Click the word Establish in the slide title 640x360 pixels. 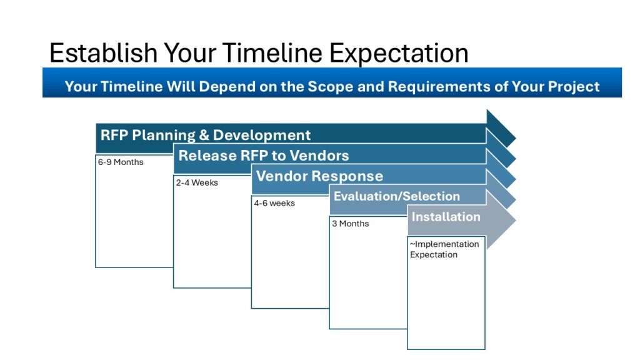tap(103, 52)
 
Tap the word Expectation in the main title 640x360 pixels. tap(399, 54)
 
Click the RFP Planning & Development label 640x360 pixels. tap(205, 135)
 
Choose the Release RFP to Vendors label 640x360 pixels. tap(264, 156)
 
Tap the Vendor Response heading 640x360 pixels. tap(319, 176)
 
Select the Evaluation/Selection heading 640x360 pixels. tap(397, 196)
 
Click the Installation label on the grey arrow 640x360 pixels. tap(446, 217)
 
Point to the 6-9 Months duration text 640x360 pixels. tap(121, 162)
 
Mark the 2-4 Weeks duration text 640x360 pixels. tap(197, 182)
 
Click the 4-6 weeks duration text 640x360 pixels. tap(274, 203)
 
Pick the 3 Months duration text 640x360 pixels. tap(350, 224)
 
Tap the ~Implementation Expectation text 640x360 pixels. tap(444, 249)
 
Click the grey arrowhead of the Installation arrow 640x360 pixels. tap(501, 219)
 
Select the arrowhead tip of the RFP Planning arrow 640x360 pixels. tap(516, 138)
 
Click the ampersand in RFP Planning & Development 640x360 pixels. tap(204, 135)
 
